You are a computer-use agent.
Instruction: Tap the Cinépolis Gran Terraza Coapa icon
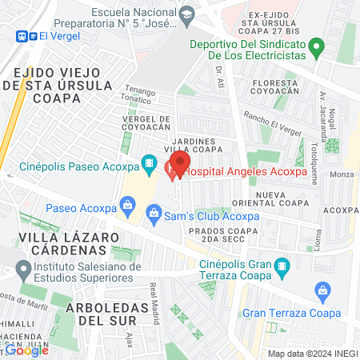282,265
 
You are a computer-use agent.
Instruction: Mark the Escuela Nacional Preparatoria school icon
186,14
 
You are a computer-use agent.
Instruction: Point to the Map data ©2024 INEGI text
311,354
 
